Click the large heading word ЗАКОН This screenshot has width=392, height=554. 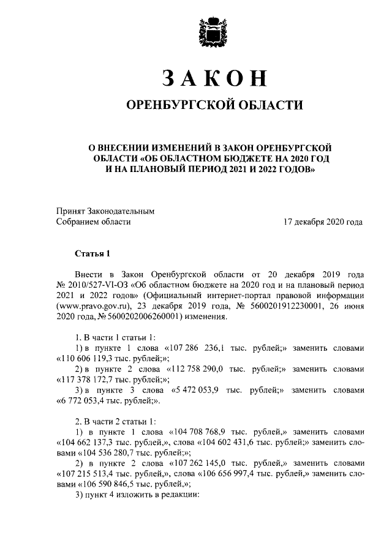(214, 79)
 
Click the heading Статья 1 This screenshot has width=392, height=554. (93, 252)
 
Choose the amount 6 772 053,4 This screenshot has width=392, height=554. (86, 402)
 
